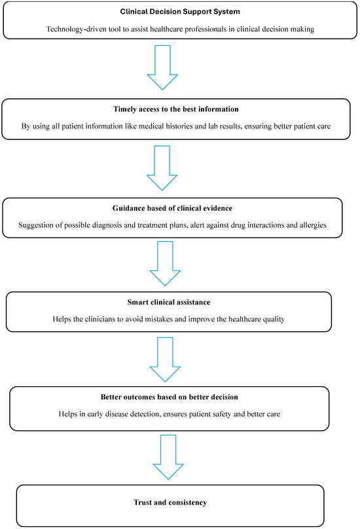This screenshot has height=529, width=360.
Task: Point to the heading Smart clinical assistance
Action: pyautogui.click(x=180, y=304)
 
